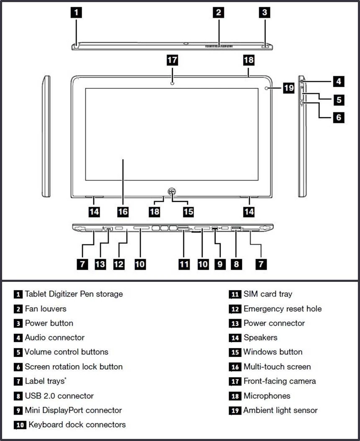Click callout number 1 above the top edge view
click(x=76, y=12)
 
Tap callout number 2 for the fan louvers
click(x=218, y=12)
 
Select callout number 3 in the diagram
click(x=264, y=12)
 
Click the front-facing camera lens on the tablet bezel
click(x=172, y=82)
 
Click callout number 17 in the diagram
click(x=172, y=60)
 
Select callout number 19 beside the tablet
click(x=288, y=88)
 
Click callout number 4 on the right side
click(x=339, y=81)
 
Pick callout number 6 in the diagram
click(x=339, y=117)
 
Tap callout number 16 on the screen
click(x=123, y=211)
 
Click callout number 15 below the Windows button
click(x=188, y=211)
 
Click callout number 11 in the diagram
click(x=184, y=264)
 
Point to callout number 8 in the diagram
click(x=237, y=264)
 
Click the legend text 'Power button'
click(x=49, y=323)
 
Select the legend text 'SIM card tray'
click(x=268, y=294)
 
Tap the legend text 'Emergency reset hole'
click(x=283, y=309)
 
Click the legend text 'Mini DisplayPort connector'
click(x=73, y=410)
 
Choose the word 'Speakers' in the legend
click(x=260, y=338)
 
